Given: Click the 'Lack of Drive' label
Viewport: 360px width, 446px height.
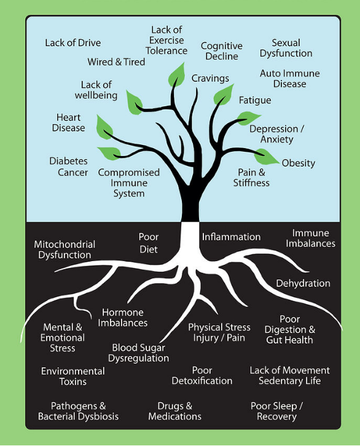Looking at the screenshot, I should click(x=72, y=43).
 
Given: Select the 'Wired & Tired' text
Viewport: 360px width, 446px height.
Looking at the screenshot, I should click(x=116, y=62).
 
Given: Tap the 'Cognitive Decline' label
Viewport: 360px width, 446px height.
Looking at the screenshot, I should click(x=221, y=51).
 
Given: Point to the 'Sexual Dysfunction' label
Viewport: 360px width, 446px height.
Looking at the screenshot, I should click(x=286, y=48).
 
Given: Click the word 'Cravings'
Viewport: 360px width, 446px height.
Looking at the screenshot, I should click(x=210, y=79).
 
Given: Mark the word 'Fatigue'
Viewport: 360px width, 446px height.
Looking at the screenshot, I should click(x=254, y=100).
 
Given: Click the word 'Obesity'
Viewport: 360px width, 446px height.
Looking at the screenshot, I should click(x=298, y=163).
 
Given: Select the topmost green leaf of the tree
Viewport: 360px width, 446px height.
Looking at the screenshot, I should click(x=177, y=76).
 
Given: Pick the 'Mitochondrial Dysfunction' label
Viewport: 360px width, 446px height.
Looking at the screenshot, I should click(x=64, y=249).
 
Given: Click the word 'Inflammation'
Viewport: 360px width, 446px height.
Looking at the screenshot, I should click(x=231, y=237).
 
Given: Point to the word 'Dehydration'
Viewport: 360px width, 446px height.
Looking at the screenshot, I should click(x=303, y=283).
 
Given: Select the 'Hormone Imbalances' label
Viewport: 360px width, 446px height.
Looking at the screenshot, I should click(x=124, y=318).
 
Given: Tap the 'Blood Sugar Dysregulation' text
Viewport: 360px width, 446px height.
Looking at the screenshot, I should click(x=138, y=353).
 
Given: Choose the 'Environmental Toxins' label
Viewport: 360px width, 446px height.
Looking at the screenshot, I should click(x=72, y=376).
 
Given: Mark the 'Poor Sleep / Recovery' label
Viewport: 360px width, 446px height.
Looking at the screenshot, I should click(x=276, y=411).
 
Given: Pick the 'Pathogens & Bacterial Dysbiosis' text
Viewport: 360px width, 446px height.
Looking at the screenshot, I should click(x=78, y=411).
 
